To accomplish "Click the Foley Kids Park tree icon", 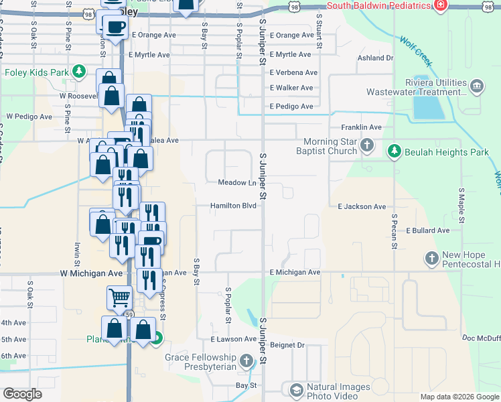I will (80, 72).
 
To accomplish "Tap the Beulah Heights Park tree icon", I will (395, 151).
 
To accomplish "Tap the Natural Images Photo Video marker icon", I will (296, 389).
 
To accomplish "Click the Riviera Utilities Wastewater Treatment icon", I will (476, 86).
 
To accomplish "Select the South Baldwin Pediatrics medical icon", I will (440, 6).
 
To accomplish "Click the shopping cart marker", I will (120, 297).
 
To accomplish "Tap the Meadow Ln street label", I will (237, 183).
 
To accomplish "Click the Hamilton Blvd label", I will (233, 206).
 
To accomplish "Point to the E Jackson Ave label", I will (362, 207).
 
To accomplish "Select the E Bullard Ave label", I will (427, 230).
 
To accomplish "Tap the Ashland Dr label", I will (375, 58).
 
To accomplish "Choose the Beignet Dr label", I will (287, 345).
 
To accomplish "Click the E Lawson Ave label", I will (233, 340).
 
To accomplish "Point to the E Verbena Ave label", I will (293, 72).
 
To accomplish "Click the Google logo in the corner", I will (22, 394).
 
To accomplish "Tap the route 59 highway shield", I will (129, 314).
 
